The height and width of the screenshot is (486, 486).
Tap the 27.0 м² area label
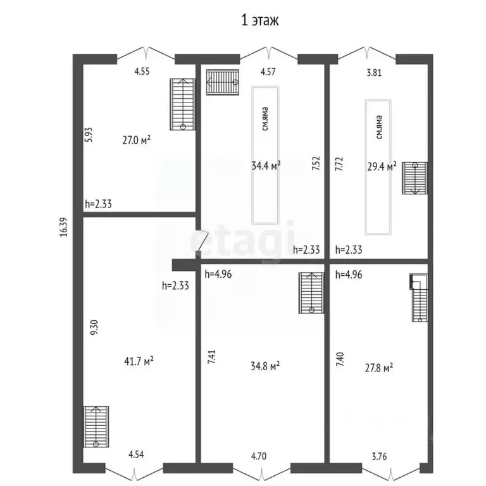pos(136,140)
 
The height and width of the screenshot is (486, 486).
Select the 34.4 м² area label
pos(266,166)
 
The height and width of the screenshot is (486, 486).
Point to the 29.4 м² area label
pos(382,166)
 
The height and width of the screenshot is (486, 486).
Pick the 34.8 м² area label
pos(266,366)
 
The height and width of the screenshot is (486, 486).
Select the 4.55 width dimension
pos(142,72)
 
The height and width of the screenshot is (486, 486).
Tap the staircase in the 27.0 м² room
pos(182,103)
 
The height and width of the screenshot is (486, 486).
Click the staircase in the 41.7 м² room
pos(96,427)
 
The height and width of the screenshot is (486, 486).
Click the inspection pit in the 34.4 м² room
pos(266,154)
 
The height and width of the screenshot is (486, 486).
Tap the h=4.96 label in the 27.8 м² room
pos(348,275)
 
